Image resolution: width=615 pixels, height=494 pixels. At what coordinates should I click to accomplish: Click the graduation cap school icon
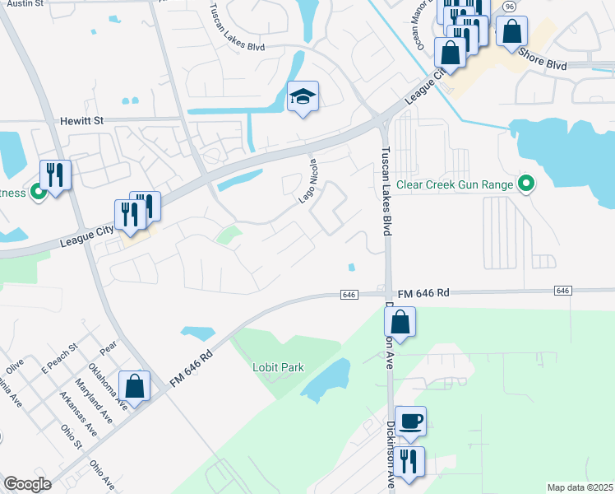(x=303, y=98)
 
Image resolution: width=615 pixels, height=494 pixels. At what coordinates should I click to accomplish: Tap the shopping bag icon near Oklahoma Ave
(x=134, y=384)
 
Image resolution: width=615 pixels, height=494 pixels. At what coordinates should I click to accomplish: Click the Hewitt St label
(x=81, y=120)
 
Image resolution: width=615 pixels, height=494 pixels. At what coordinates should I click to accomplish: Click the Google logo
(x=27, y=484)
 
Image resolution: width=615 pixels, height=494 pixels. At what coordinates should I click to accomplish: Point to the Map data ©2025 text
(x=579, y=487)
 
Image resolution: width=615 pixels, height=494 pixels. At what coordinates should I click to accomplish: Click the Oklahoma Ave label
(x=108, y=386)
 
